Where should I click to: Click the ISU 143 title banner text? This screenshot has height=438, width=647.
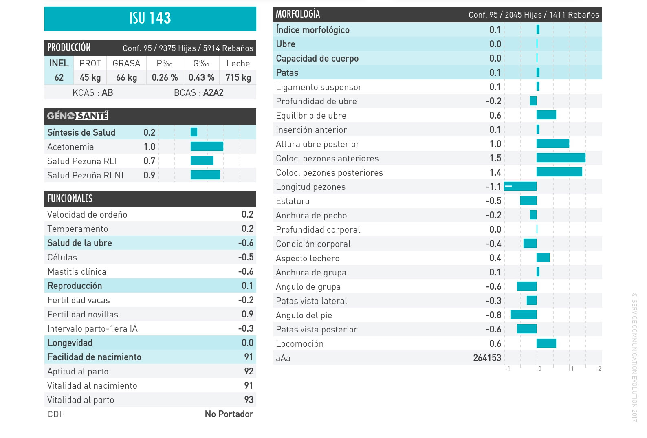coord(150,18)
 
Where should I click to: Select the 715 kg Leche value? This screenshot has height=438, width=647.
coord(238,77)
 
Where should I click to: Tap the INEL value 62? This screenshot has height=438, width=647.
coord(59,77)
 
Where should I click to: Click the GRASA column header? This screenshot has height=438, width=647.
coord(126,64)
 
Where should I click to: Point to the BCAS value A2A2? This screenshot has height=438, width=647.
coord(213,93)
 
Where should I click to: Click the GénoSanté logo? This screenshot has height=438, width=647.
coord(78,116)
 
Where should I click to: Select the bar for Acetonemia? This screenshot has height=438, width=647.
coord(207,146)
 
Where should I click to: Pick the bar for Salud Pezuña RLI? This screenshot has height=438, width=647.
coord(202,161)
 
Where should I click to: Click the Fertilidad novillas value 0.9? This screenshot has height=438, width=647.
coord(247,314)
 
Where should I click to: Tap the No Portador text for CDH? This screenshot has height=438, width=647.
coord(229,414)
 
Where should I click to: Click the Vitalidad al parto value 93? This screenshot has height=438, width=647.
coord(249,400)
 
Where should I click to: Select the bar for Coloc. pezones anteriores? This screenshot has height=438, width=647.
coord(561,158)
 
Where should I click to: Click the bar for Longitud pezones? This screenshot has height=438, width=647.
coord(520,186)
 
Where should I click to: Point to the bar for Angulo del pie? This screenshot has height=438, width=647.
coord(524,315)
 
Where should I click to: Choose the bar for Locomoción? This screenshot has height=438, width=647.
coord(546,343)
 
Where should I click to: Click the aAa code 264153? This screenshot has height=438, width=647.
coord(487,358)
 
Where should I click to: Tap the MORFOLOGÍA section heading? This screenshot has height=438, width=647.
coord(298,14)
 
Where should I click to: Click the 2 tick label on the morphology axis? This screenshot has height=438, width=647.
coord(599,369)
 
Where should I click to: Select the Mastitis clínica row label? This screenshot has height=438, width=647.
coord(77,272)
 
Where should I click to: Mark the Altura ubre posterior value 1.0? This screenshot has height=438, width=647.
coord(495,144)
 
